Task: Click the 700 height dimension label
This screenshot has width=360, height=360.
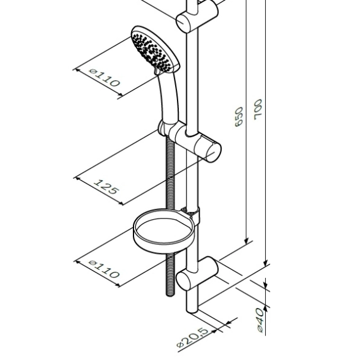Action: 258,110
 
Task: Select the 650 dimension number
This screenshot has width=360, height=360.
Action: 239,116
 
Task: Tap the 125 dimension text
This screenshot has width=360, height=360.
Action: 107,186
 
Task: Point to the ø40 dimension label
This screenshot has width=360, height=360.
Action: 260,320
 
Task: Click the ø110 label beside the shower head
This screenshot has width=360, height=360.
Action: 105,77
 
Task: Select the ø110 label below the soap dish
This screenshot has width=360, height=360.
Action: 105,269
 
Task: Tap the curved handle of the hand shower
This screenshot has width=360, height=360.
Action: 169,97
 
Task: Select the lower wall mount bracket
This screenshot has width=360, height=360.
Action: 197,274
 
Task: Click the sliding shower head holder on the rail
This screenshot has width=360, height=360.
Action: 190,141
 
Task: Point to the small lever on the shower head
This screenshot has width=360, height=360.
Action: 156,71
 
